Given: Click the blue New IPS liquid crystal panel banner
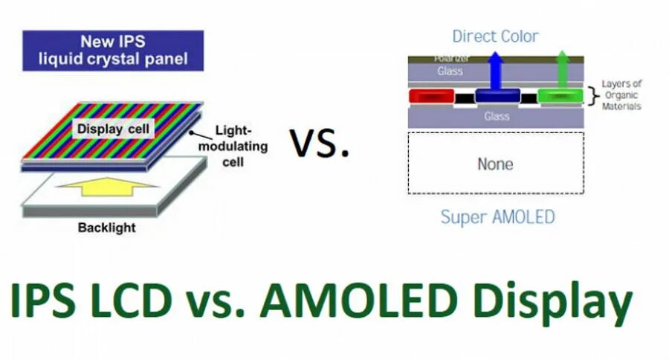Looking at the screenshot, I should pos(113,50).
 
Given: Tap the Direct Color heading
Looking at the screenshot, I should pos(495,36).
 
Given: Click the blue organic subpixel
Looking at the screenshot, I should pos(497,96).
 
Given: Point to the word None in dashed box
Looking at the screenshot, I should pos(496,164).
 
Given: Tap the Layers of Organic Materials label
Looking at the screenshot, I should pos(621,95).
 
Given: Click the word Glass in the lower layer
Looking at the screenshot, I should pos(497,116).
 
